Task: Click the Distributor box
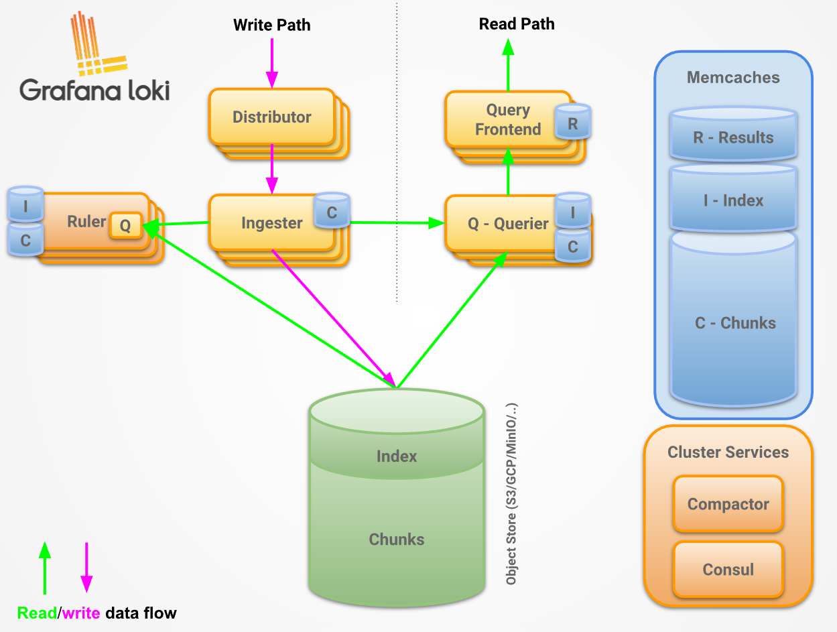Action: (271, 117)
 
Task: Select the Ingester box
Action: (271, 223)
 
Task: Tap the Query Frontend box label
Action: (507, 120)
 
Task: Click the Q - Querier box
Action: (507, 224)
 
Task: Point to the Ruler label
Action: (86, 221)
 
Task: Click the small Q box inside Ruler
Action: (125, 226)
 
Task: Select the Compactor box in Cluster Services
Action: (728, 504)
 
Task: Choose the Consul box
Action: (728, 570)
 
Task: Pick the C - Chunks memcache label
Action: (735, 323)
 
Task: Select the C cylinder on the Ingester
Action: (332, 211)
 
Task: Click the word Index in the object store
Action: (397, 456)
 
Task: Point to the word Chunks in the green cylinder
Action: (397, 540)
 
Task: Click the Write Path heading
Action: (271, 25)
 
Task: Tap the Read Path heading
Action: (517, 24)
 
